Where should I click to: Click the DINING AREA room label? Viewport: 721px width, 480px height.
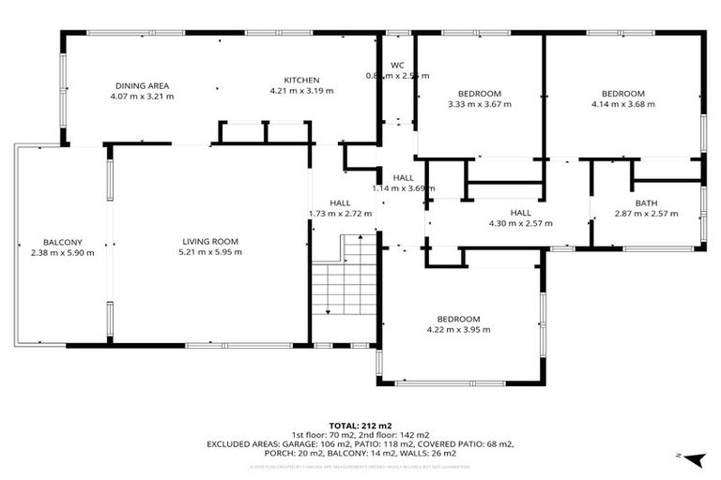[142, 85]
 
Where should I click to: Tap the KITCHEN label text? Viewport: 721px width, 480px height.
[301, 80]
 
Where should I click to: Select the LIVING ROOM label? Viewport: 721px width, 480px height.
[211, 241]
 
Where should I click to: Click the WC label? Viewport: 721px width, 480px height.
[396, 65]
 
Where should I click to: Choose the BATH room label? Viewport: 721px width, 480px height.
[646, 203]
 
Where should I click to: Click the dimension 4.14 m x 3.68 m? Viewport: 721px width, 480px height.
[622, 104]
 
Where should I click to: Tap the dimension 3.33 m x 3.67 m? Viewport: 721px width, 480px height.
[479, 104]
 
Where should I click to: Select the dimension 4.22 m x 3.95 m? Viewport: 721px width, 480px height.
[459, 329]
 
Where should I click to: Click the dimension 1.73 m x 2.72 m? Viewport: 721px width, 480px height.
[340, 213]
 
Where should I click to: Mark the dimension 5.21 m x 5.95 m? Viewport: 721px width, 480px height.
[211, 251]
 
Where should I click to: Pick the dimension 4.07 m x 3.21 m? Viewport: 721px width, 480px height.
[142, 96]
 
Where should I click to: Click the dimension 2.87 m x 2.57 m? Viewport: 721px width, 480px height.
[646, 214]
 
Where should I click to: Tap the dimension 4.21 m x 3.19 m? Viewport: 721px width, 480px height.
[301, 91]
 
